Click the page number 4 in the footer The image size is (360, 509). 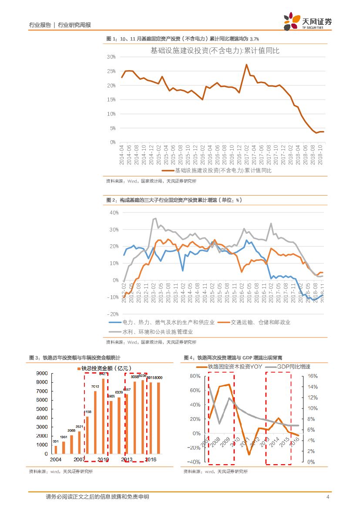tap(327, 497)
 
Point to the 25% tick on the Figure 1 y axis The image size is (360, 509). tap(111, 71)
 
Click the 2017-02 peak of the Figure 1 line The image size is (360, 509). tap(246, 64)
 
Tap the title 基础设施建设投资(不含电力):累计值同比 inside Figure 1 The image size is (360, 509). tap(215, 51)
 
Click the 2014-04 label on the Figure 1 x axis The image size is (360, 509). tap(123, 155)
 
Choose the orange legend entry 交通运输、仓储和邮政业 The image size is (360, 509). tap(254, 322)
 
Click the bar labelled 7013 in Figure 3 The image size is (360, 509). tap(95, 422)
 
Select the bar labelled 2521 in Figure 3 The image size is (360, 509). tap(79, 442)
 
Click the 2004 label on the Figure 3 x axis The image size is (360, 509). tap(55, 460)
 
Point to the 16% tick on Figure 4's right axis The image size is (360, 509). tap(313, 376)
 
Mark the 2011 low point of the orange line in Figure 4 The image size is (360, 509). tap(249, 454)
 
